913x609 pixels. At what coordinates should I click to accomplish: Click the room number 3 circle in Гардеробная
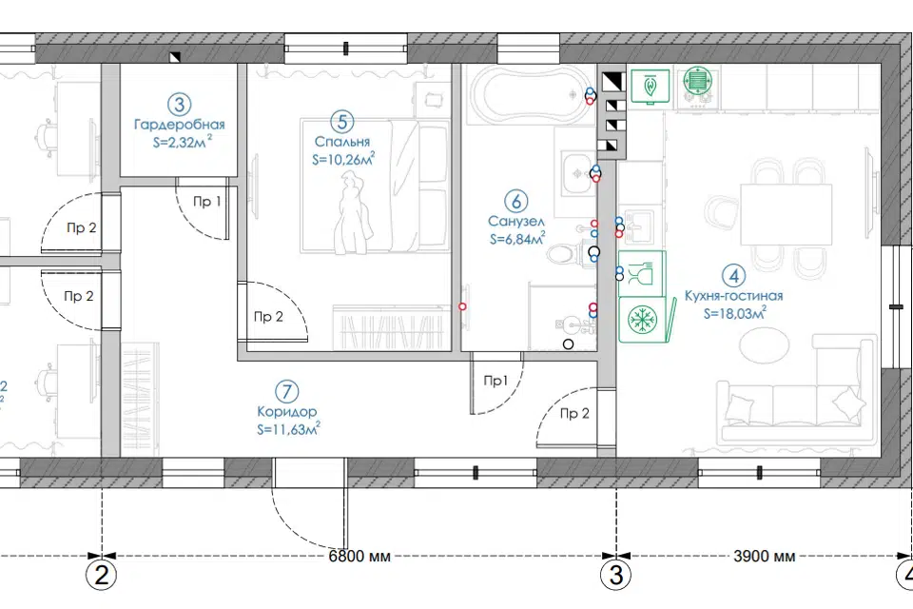[x=180, y=105]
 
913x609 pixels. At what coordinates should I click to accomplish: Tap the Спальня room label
[x=341, y=142]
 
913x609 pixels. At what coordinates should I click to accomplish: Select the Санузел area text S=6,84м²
[x=517, y=238]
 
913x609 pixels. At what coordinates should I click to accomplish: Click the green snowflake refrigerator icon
[x=642, y=319]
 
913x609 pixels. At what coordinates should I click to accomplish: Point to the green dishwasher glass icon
[x=642, y=273]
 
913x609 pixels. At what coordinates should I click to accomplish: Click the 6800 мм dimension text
[x=359, y=556]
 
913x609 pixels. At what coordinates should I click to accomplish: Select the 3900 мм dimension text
[x=764, y=556]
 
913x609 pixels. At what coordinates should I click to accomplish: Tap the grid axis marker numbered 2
[x=102, y=576]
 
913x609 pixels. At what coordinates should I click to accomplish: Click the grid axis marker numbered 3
[x=616, y=576]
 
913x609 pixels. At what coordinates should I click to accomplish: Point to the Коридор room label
[x=286, y=411]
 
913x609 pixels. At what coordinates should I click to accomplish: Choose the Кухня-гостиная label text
[x=733, y=296]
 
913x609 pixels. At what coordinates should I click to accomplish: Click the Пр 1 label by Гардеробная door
[x=206, y=202]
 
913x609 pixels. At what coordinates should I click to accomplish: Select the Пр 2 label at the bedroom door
[x=268, y=317]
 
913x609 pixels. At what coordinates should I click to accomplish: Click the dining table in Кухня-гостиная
[x=787, y=214]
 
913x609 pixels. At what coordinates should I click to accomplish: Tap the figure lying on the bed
[x=352, y=216]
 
